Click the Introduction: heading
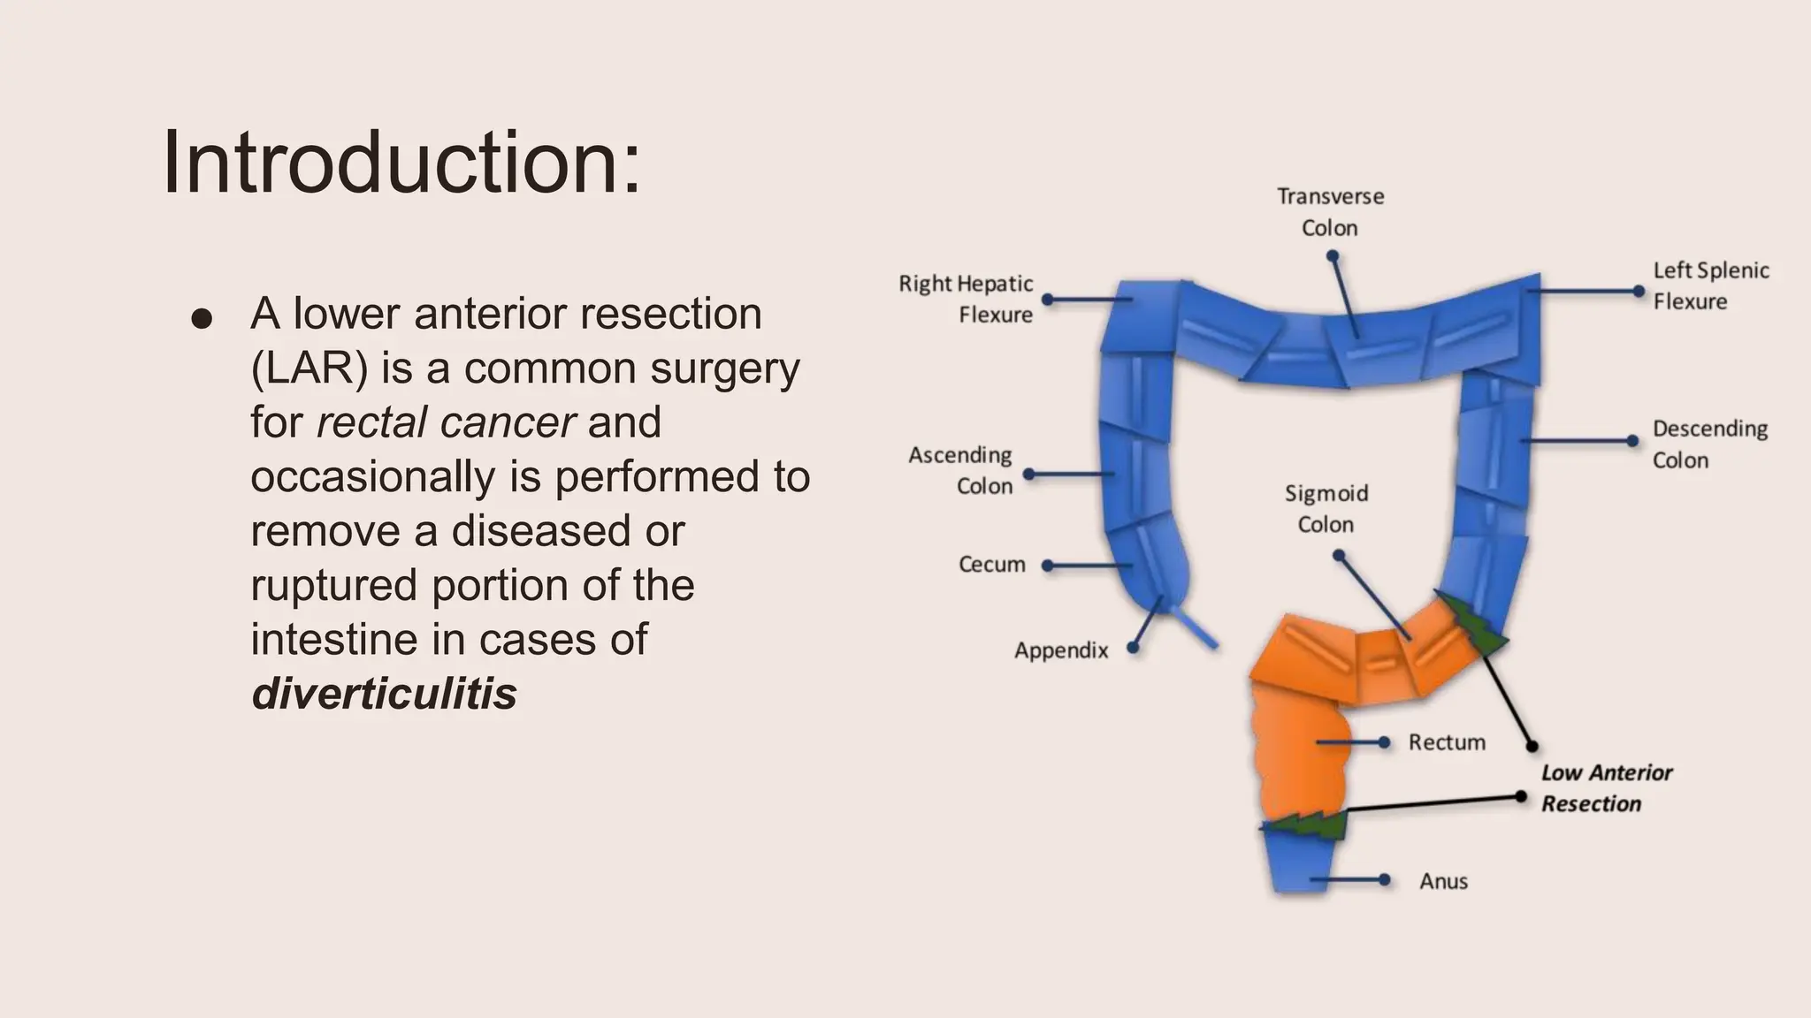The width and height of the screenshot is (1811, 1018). click(401, 163)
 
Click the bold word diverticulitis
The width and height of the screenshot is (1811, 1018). click(384, 694)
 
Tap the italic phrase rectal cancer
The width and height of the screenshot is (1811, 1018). click(446, 422)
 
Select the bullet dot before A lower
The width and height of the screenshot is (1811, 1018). click(202, 319)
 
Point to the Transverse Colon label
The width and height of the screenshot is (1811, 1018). click(1330, 212)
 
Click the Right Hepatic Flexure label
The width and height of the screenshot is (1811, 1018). click(966, 299)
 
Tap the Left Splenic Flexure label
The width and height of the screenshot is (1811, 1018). click(1710, 285)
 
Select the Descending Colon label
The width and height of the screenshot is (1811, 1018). click(1708, 444)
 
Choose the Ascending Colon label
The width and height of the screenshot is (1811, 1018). click(961, 470)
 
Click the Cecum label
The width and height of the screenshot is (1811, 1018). click(991, 565)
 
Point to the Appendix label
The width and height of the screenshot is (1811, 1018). click(1060, 650)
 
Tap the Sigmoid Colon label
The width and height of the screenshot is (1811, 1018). click(1326, 508)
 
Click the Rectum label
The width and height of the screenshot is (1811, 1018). click(1447, 742)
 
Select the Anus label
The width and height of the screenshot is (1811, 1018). click(1443, 881)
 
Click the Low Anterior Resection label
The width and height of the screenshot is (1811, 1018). click(1606, 788)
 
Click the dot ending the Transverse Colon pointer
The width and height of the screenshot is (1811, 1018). click(1332, 256)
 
